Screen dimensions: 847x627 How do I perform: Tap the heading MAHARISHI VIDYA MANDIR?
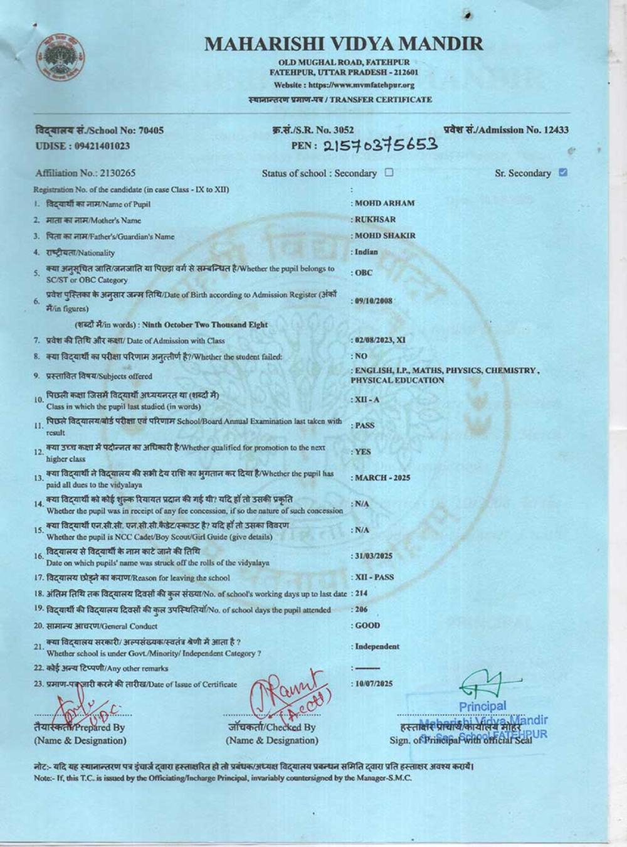click(x=344, y=43)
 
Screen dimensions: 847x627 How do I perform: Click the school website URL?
click(x=344, y=85)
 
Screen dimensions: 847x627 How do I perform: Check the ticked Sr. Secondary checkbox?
click(x=562, y=173)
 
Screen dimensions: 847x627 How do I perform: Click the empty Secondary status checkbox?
click(x=389, y=173)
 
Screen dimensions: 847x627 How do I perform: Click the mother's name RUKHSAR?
click(x=375, y=220)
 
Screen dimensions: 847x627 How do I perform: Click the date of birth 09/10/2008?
click(x=374, y=301)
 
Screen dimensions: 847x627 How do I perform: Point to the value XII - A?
click(x=367, y=400)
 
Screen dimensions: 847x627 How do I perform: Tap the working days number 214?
click(x=361, y=593)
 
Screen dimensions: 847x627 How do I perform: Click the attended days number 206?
click(x=361, y=609)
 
